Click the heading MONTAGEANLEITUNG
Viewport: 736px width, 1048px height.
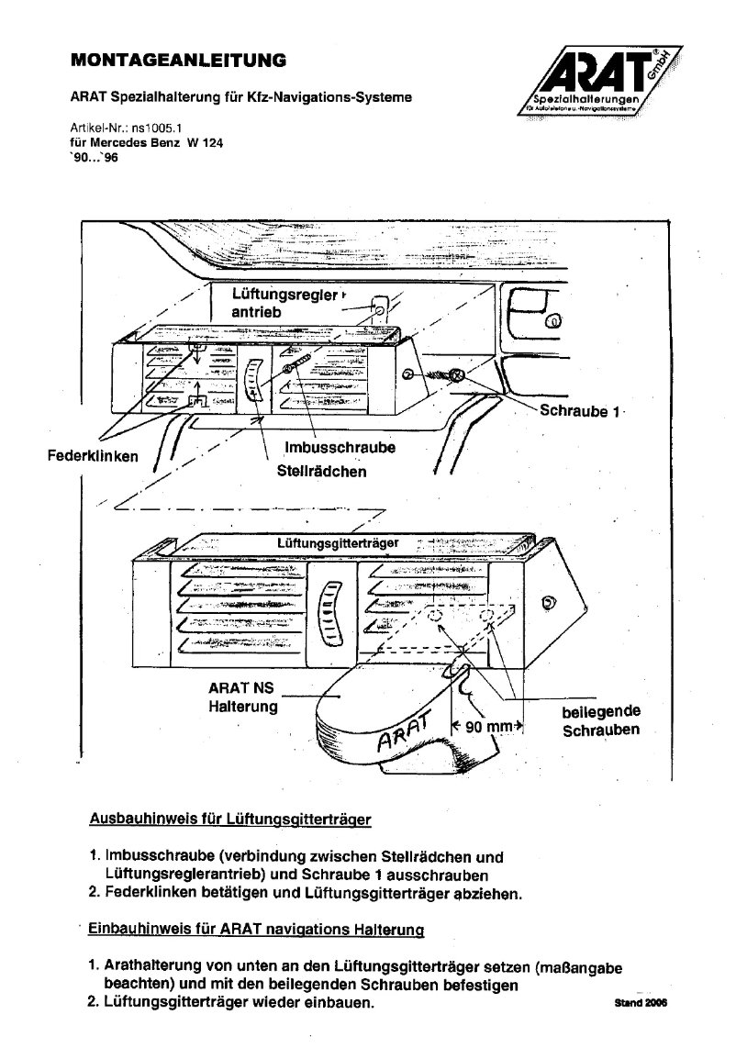tap(178, 61)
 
